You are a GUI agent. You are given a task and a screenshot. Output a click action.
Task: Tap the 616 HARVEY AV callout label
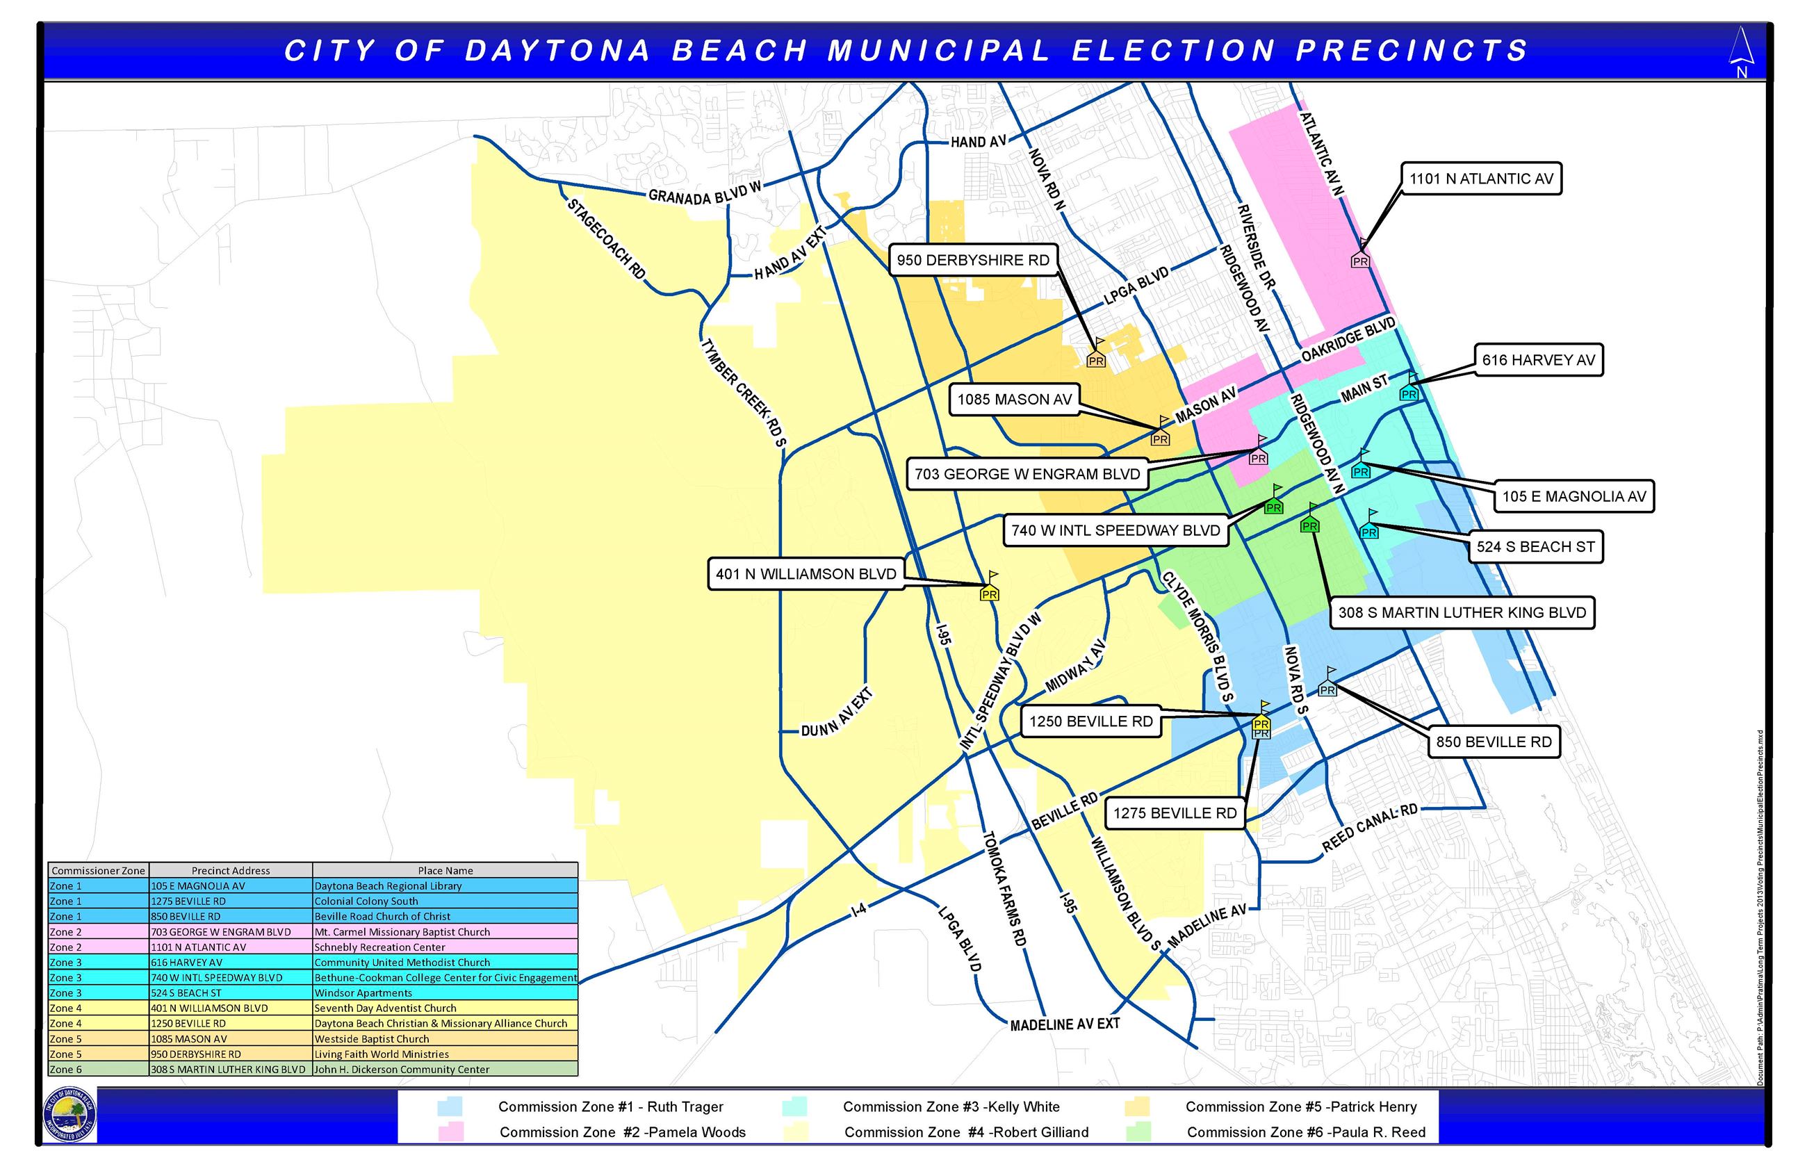point(1538,360)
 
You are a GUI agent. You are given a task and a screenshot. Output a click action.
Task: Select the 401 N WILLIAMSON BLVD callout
point(806,575)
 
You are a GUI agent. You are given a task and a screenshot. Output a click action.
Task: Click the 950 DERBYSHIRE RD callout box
point(973,261)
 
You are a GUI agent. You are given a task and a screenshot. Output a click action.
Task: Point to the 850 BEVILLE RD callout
point(1494,742)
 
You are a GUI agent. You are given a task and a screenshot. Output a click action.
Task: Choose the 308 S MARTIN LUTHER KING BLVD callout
point(1462,612)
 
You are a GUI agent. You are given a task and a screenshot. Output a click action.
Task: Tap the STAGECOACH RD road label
point(605,239)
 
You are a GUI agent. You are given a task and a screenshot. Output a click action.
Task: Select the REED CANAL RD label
point(1369,828)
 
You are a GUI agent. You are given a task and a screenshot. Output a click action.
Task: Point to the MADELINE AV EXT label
point(1065,1024)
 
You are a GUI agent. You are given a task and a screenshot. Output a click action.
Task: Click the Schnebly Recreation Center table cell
point(445,947)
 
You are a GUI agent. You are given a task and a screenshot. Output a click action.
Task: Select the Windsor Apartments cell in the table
point(445,993)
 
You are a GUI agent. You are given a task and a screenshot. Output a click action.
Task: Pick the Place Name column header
point(445,871)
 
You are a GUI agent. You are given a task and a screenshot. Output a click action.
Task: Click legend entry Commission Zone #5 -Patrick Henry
point(1301,1106)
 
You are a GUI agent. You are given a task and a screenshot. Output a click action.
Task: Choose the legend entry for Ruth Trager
point(610,1106)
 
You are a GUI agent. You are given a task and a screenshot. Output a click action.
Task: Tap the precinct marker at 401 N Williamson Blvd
point(989,592)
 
